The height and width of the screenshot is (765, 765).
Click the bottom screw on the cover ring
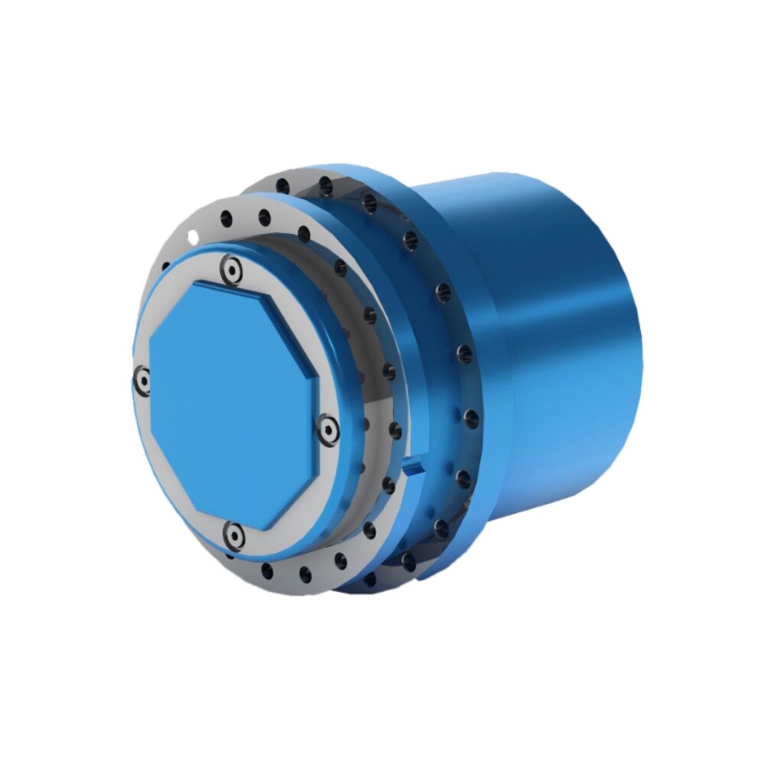(x=233, y=532)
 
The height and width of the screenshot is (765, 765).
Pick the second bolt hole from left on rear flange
(x=326, y=184)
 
